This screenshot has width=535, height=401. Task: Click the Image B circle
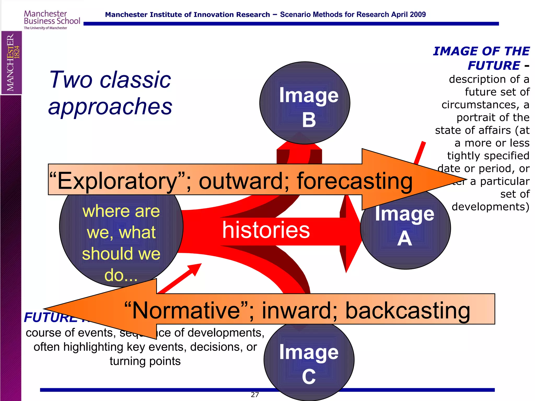[x=305, y=104]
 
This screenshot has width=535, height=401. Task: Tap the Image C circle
[x=309, y=363]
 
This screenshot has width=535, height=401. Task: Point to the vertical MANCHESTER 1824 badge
[x=11, y=63]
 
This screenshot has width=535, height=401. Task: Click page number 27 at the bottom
[x=255, y=395]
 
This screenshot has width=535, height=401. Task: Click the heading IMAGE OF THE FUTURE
[x=481, y=58]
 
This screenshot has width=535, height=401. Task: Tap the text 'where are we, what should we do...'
[x=121, y=243]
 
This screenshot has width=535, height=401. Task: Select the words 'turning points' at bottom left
[x=145, y=361]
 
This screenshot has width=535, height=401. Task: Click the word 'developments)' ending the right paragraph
[x=490, y=207]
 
